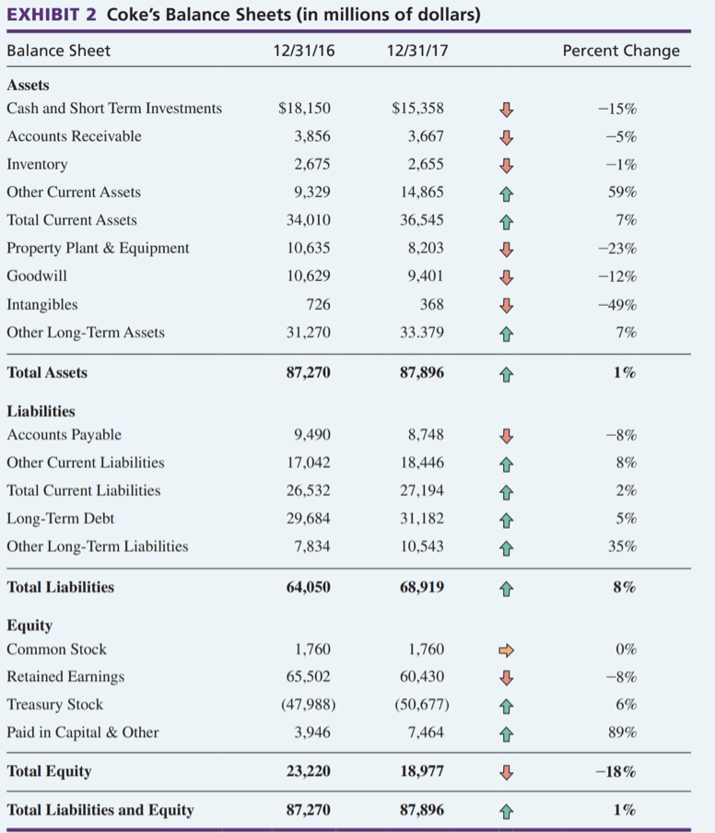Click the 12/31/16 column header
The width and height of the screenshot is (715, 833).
(303, 51)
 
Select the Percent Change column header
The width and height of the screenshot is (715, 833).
(621, 51)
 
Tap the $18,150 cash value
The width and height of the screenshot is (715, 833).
(304, 109)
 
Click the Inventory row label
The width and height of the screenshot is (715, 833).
(37, 164)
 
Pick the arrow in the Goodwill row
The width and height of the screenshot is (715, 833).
(503, 276)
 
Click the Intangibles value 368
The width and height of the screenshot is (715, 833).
(430, 304)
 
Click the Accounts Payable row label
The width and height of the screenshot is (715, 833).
(64, 435)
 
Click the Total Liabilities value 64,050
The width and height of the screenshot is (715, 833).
(307, 587)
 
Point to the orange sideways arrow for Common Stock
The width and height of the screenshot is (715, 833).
(503, 650)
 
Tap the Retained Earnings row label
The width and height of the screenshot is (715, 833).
(65, 677)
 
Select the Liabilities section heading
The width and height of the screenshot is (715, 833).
(41, 412)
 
